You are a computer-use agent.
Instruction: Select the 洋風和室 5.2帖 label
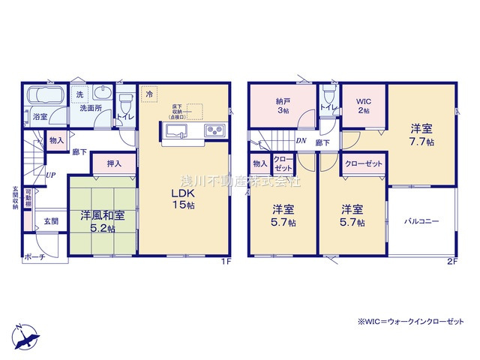click(103, 222)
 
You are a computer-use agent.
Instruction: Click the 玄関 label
click(50, 221)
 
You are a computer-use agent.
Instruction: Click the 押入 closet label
click(115, 163)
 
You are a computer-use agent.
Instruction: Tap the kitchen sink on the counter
click(176, 132)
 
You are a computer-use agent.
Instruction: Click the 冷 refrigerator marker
click(149, 94)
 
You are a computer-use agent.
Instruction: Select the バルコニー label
click(421, 222)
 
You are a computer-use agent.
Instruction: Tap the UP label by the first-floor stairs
click(50, 175)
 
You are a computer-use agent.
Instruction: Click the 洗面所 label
click(91, 109)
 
